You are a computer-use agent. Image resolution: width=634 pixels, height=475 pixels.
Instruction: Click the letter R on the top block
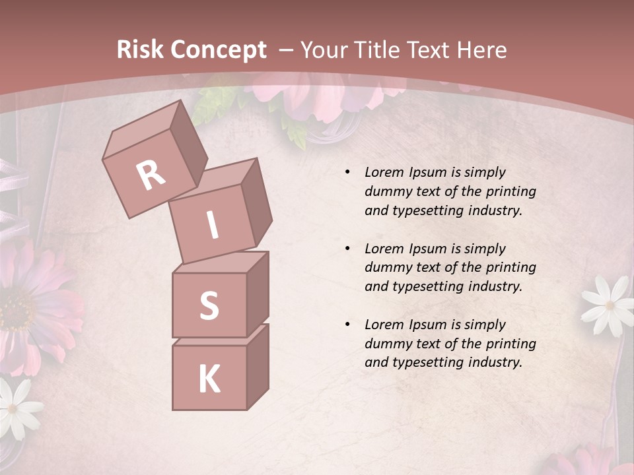pos(151,175)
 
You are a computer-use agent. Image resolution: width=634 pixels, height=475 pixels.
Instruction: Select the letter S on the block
pos(209,305)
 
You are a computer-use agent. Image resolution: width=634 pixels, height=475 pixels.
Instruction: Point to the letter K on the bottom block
pos(209,379)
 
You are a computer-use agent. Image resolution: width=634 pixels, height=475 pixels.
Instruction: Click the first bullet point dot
pos(347,173)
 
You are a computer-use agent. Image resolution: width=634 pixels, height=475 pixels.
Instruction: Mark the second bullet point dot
pos(347,249)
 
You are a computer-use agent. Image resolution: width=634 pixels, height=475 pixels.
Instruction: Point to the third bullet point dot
pos(347,325)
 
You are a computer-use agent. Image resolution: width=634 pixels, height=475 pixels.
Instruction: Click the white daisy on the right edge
pos(608,303)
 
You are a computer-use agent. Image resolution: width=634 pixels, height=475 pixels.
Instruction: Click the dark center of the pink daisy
pos(15,310)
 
